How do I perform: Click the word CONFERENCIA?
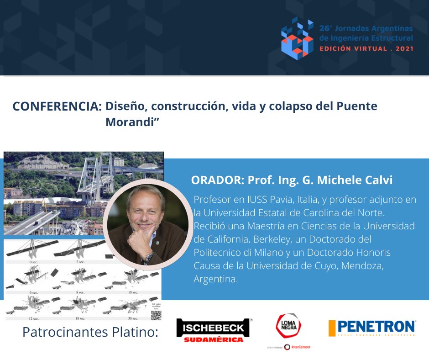point(57,106)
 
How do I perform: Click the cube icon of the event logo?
point(297,38)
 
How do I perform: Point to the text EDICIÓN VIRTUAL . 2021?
point(366,48)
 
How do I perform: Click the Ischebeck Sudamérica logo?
point(214,330)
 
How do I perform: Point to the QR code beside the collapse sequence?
point(157,315)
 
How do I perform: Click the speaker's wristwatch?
point(149,256)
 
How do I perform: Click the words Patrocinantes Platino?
point(90,332)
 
